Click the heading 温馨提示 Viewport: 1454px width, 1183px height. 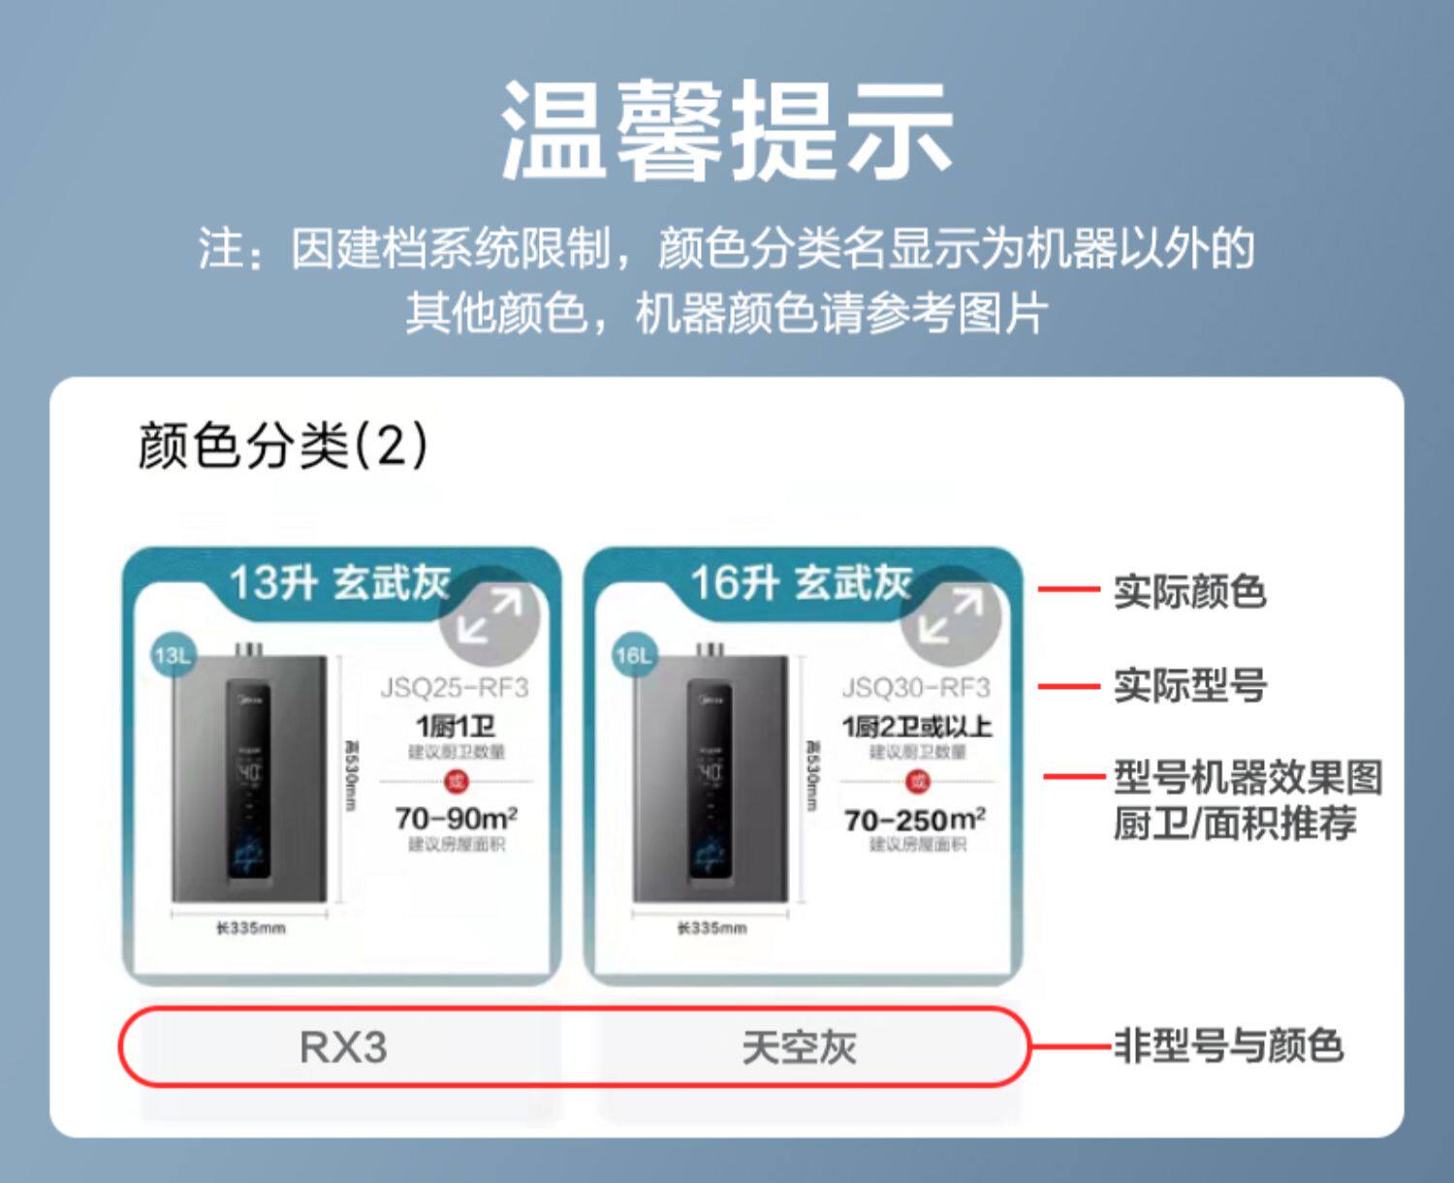click(727, 131)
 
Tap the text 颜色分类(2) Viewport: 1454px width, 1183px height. click(282, 445)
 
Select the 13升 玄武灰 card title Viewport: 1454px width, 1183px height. click(339, 583)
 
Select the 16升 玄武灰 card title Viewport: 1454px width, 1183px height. click(801, 583)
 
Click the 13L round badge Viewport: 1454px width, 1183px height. click(173, 656)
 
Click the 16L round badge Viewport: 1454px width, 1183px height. click(634, 656)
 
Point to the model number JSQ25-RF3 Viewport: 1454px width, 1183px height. click(454, 688)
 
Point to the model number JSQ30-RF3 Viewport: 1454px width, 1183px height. click(916, 688)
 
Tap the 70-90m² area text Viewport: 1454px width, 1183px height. click(456, 819)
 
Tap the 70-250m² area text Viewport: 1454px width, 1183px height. click(915, 820)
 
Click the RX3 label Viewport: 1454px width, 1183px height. click(343, 1047)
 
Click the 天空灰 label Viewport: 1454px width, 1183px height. click(800, 1047)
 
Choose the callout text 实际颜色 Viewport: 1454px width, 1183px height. click(1189, 591)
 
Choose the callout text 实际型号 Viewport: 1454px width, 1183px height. click(1189, 686)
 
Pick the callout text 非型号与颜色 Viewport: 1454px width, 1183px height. click(1228, 1046)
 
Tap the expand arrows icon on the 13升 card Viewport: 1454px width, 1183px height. click(490, 616)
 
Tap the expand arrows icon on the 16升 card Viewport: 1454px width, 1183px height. click(950, 616)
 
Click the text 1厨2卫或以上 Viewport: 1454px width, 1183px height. click(916, 727)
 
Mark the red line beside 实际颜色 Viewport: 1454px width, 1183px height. click(1068, 588)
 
